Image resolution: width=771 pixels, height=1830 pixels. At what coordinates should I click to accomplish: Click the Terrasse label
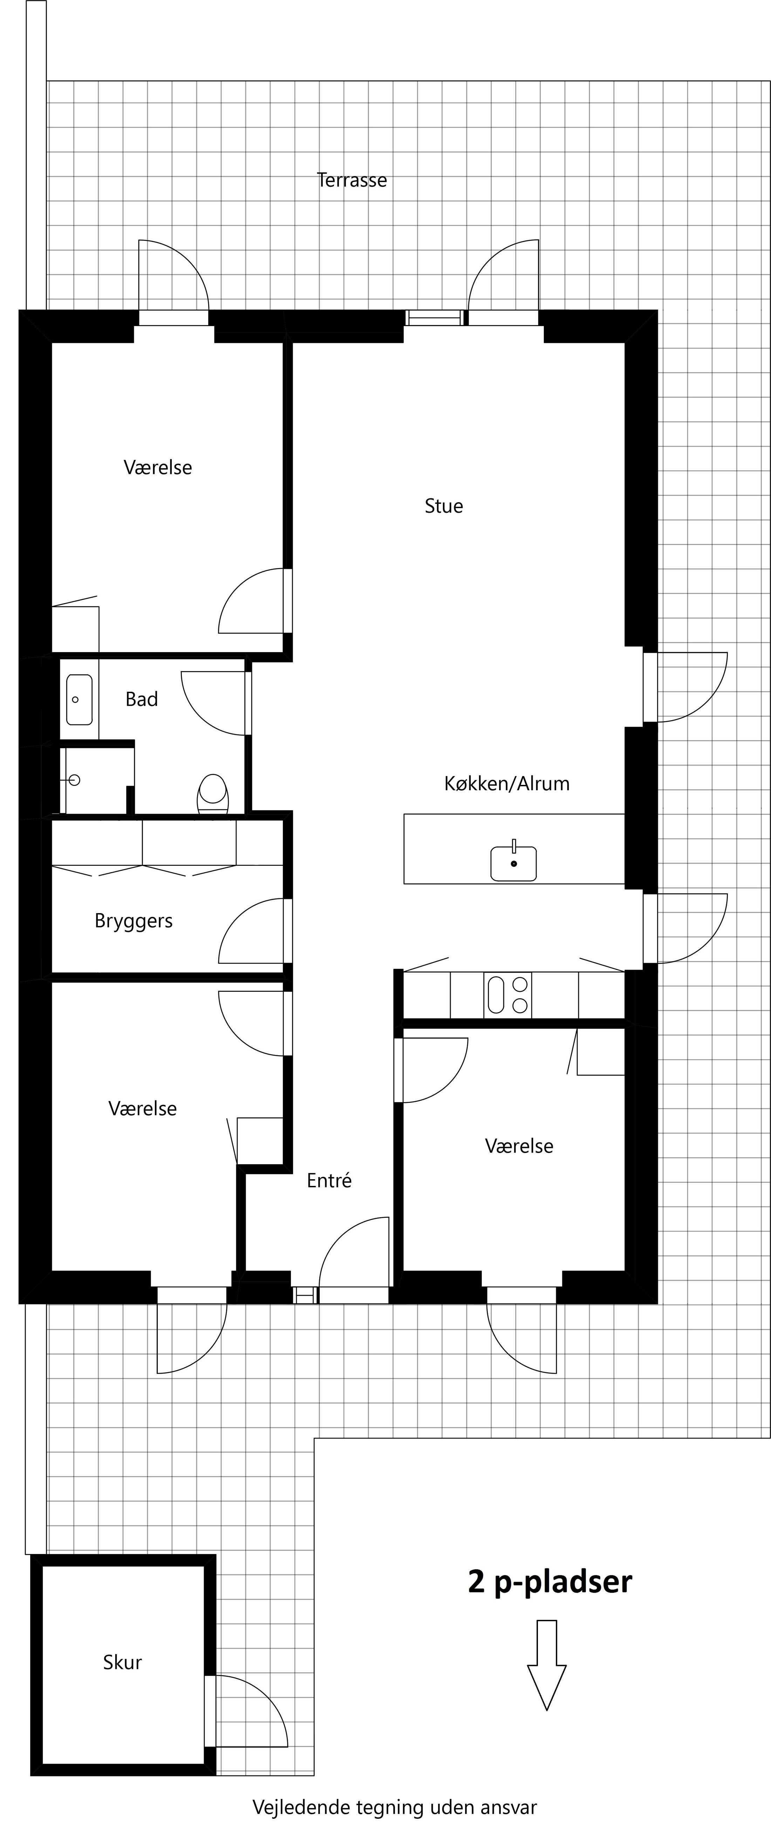coord(352,180)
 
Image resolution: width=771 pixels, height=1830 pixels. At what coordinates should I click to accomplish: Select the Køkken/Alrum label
coord(507,783)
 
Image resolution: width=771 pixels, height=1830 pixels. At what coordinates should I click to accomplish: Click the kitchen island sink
coord(513,862)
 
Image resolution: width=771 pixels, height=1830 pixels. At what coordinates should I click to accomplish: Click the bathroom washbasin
coord(79,700)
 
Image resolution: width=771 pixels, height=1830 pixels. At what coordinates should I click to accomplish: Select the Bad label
coord(142,700)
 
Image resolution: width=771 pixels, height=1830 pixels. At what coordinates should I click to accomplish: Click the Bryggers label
coord(134,921)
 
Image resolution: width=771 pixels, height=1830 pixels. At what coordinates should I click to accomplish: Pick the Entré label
coord(329,1181)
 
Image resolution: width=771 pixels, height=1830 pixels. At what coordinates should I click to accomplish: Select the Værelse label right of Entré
coord(519,1146)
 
